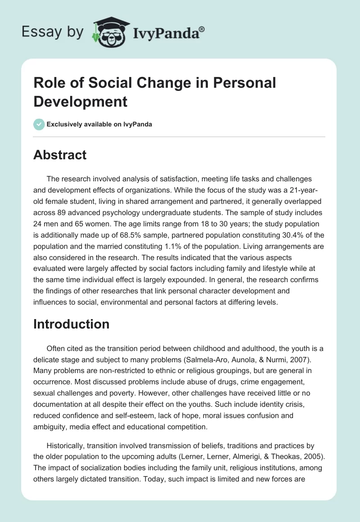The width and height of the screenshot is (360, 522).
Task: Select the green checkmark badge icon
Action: (x=39, y=124)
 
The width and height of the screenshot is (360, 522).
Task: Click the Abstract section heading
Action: (x=60, y=155)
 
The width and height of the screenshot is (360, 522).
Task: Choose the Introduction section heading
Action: (x=71, y=324)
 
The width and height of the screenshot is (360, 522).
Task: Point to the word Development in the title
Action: (x=81, y=101)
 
